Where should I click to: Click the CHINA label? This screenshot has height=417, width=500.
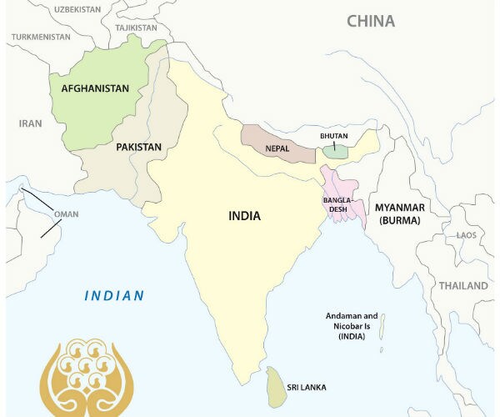click(x=371, y=21)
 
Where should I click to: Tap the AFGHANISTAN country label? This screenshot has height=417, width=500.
click(x=95, y=88)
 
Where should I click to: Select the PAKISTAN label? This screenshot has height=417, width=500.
click(x=138, y=147)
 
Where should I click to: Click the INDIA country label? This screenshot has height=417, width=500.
click(x=244, y=216)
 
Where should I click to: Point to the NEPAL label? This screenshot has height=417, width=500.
click(x=277, y=149)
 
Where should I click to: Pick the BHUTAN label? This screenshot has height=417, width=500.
click(x=334, y=135)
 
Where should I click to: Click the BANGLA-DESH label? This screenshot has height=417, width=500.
click(x=340, y=205)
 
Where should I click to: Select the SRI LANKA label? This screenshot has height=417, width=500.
click(x=307, y=388)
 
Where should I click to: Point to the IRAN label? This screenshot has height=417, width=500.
click(x=30, y=123)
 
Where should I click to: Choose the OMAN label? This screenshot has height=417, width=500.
click(x=66, y=214)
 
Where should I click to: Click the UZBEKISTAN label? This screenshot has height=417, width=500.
click(x=77, y=8)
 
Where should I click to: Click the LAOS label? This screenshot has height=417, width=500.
click(x=467, y=235)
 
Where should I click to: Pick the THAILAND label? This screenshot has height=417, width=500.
click(x=464, y=285)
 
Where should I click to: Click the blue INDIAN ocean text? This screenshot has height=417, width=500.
click(x=114, y=295)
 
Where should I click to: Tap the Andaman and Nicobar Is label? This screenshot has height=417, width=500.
click(x=352, y=326)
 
